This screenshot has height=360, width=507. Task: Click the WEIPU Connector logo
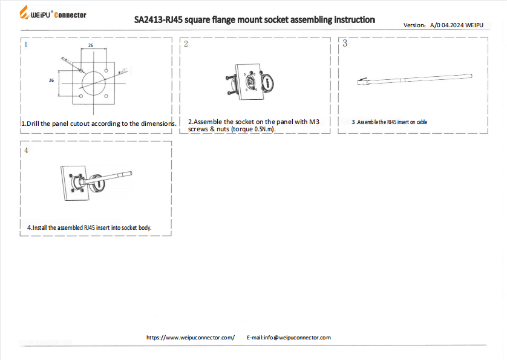click(53, 14)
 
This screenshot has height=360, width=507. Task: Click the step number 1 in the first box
click(25, 44)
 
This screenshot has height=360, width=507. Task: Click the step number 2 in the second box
click(185, 44)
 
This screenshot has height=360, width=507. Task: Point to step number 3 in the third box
click(345, 43)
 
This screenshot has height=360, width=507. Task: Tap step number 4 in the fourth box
click(25, 151)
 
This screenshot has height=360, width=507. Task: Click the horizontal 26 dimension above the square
click(90, 45)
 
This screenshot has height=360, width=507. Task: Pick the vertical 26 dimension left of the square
click(51, 80)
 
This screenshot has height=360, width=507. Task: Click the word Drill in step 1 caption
click(34, 123)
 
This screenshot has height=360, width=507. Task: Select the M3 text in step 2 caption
click(313, 122)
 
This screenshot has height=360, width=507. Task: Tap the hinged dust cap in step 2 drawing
click(267, 83)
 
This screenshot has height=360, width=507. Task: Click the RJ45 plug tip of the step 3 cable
click(362, 81)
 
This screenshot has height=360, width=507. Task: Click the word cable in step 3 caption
click(421, 122)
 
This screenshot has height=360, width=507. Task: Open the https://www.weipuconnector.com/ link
click(190, 337)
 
